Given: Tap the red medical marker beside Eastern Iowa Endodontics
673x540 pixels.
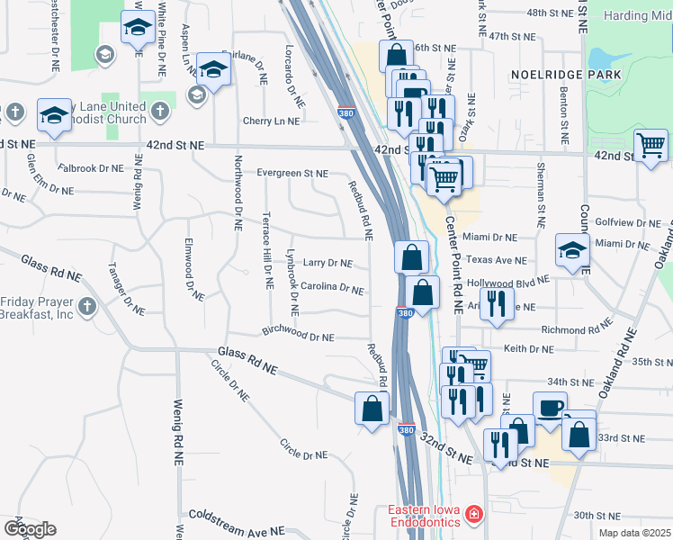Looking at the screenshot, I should coord(473,517).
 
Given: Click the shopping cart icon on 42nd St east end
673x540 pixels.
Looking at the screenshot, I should coord(651,146).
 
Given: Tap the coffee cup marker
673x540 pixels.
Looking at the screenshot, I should coord(550,407).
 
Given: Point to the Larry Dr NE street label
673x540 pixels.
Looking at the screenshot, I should coord(327,263).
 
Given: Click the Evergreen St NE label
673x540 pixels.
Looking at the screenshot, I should coord(292,173).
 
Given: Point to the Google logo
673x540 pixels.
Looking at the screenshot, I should coord(30,529).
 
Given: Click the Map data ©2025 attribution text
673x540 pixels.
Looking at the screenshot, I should coord(634,533).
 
